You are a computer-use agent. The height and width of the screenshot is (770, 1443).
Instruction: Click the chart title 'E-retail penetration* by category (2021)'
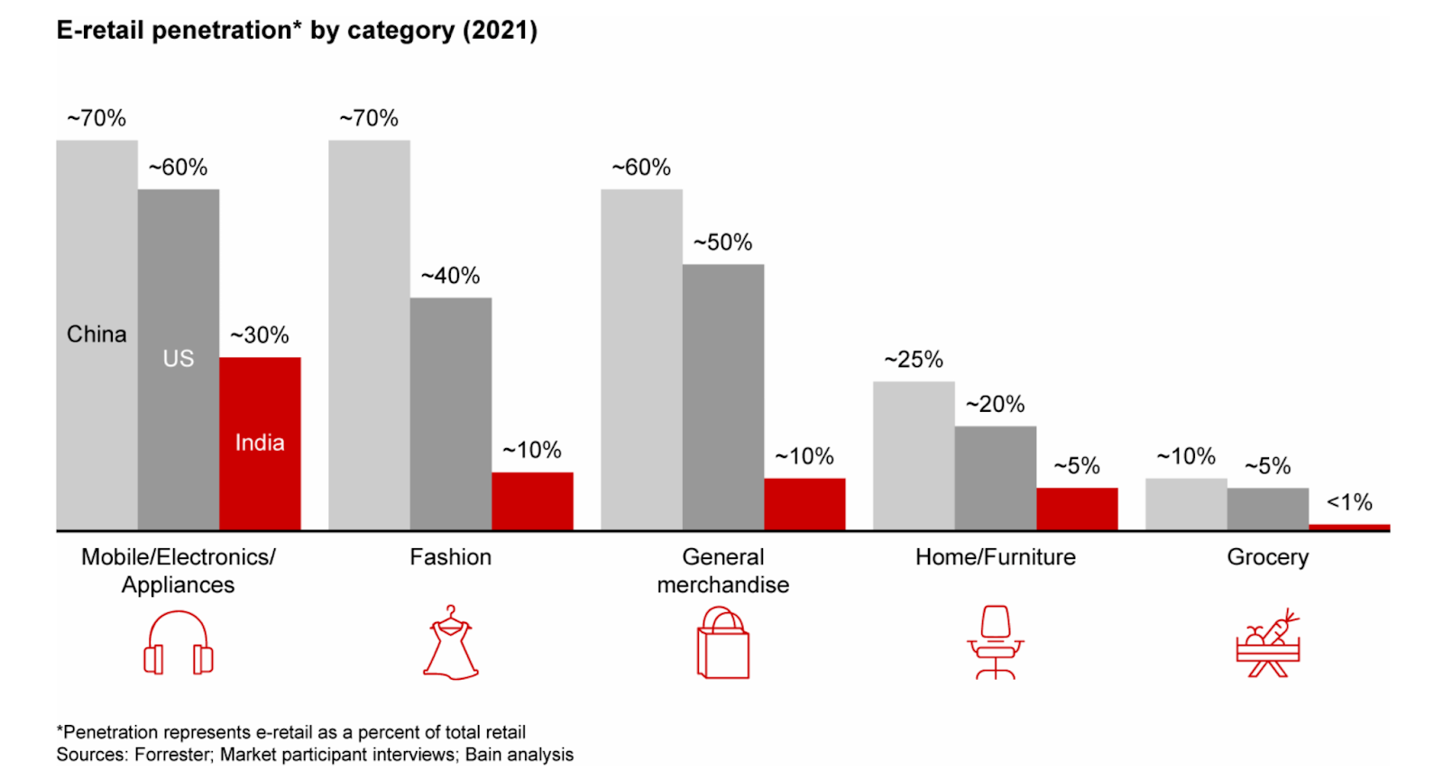coord(297,31)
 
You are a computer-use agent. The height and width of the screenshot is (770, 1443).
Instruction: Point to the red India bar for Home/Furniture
coord(1077,509)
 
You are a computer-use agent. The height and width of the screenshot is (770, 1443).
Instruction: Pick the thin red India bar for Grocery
coord(1349,527)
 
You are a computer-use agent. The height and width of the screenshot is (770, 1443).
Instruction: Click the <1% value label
coord(1349,502)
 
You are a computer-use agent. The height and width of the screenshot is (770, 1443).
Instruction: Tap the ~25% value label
coord(914,360)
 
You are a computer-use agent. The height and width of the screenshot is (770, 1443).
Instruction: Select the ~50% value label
coord(722,243)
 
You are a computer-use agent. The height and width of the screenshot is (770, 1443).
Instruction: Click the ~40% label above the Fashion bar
coord(451,276)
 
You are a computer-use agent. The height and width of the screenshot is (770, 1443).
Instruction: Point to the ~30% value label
coord(260,335)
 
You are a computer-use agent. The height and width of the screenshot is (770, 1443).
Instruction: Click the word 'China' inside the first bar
coord(97,335)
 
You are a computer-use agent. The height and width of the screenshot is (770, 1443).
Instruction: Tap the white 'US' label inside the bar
coord(179,359)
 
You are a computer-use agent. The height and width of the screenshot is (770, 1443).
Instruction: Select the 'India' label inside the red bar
coord(260,443)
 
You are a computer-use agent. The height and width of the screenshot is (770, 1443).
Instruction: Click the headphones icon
coord(179,644)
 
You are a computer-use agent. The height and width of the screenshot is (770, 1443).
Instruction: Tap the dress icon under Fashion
coord(451,643)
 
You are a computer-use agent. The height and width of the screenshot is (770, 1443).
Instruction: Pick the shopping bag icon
coord(723,643)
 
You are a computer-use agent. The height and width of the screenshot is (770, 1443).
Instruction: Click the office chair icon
coord(996,643)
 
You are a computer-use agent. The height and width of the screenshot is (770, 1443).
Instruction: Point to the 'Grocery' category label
coord(1267,557)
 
